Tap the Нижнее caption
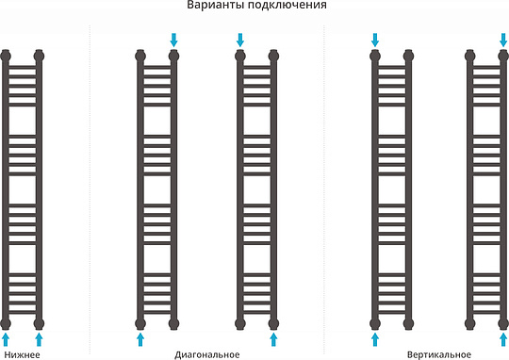[x=23, y=354]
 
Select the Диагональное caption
[x=207, y=354]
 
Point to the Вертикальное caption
[x=439, y=354]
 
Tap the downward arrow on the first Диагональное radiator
[x=173, y=39]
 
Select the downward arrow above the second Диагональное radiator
[x=240, y=39]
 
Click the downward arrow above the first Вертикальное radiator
[x=375, y=39]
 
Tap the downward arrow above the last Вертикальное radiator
[x=502, y=39]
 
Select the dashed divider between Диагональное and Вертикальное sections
[x=323, y=188]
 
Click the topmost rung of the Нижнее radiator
[x=23, y=65]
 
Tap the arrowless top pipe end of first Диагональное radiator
[x=140, y=54]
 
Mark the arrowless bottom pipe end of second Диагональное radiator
[x=240, y=322]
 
